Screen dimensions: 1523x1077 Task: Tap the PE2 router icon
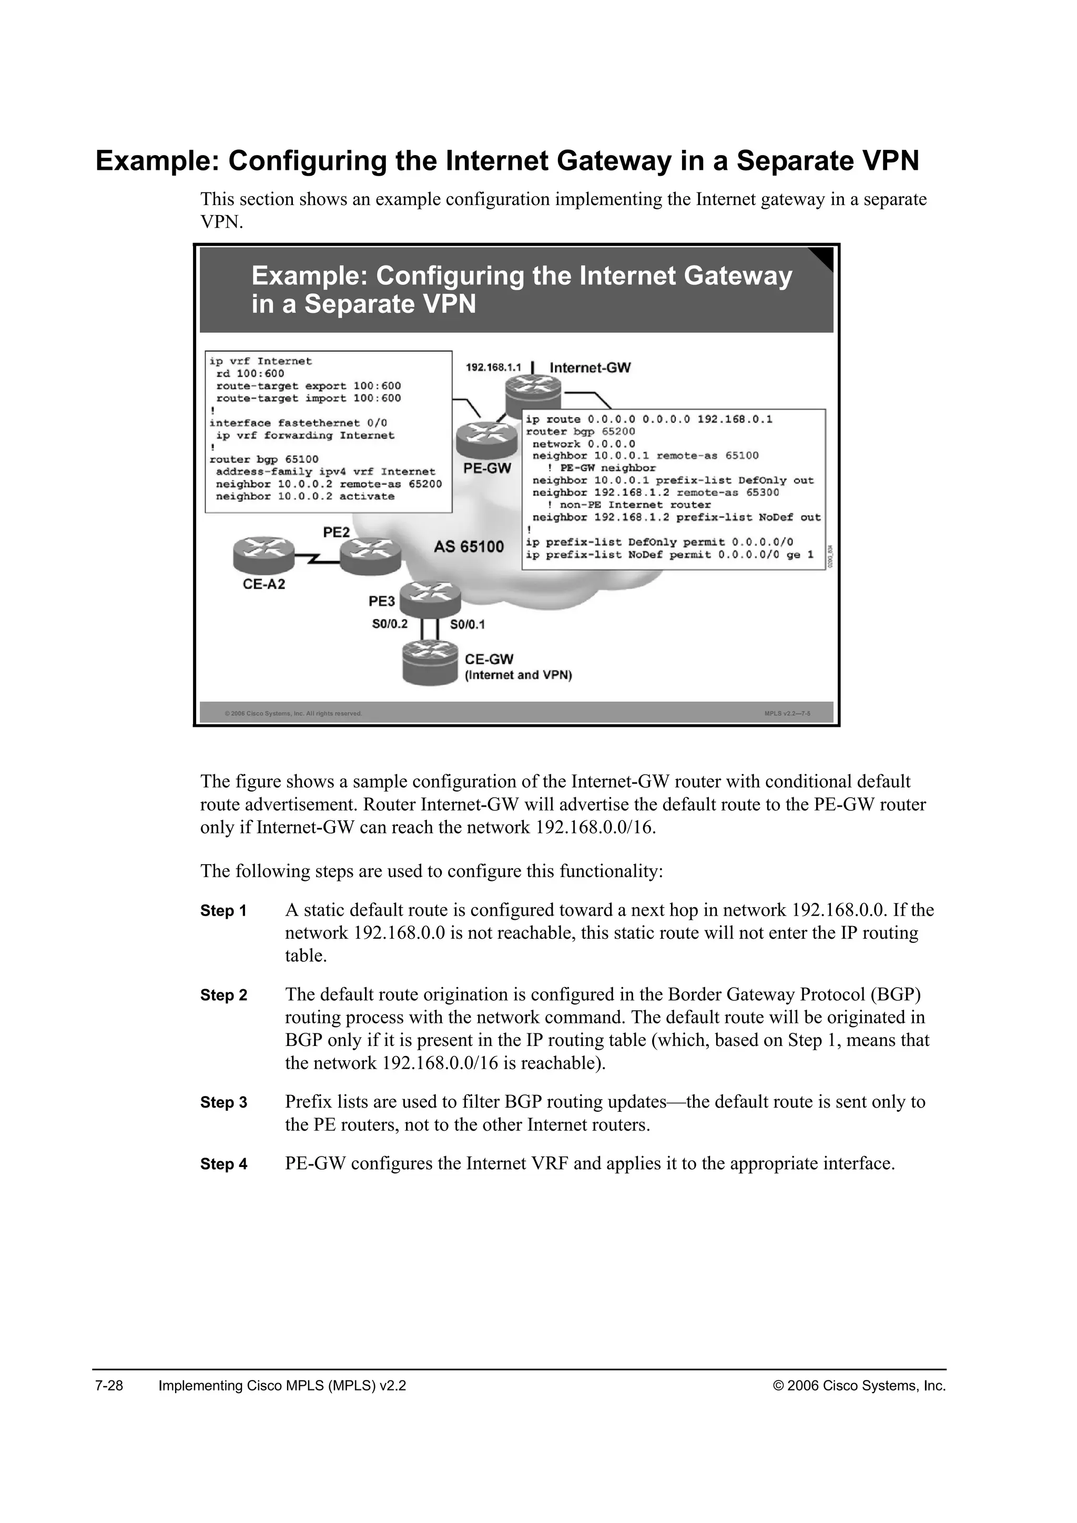(370, 554)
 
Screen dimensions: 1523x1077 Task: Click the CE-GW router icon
(430, 663)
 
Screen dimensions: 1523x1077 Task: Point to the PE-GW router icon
(486, 439)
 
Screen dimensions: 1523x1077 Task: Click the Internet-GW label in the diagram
(590, 368)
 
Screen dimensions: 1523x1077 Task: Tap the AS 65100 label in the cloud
(469, 547)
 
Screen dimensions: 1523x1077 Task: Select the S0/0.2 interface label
(390, 624)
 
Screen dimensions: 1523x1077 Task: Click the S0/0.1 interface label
(468, 624)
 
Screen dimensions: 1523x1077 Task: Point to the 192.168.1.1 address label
(493, 368)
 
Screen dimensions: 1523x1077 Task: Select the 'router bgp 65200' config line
(580, 432)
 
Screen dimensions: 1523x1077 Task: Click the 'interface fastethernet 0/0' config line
(298, 422)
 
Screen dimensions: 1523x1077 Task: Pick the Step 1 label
(223, 911)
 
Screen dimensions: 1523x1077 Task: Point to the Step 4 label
(223, 1164)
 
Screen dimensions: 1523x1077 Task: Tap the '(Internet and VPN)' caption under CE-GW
(518, 675)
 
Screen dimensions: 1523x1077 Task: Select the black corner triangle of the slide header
(825, 257)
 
